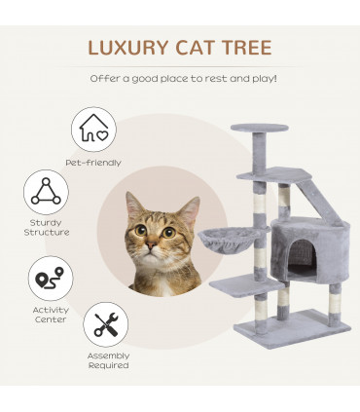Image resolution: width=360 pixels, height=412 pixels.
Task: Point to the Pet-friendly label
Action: tap(90, 162)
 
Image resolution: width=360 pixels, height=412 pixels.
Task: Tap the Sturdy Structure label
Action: tap(47, 228)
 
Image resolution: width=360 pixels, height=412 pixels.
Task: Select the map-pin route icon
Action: tap(47, 279)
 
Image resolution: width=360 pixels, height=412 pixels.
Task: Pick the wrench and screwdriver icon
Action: tap(107, 324)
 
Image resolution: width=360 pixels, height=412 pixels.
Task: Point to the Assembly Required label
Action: tap(108, 361)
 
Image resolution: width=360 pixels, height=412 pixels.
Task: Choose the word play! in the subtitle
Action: tap(259, 77)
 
